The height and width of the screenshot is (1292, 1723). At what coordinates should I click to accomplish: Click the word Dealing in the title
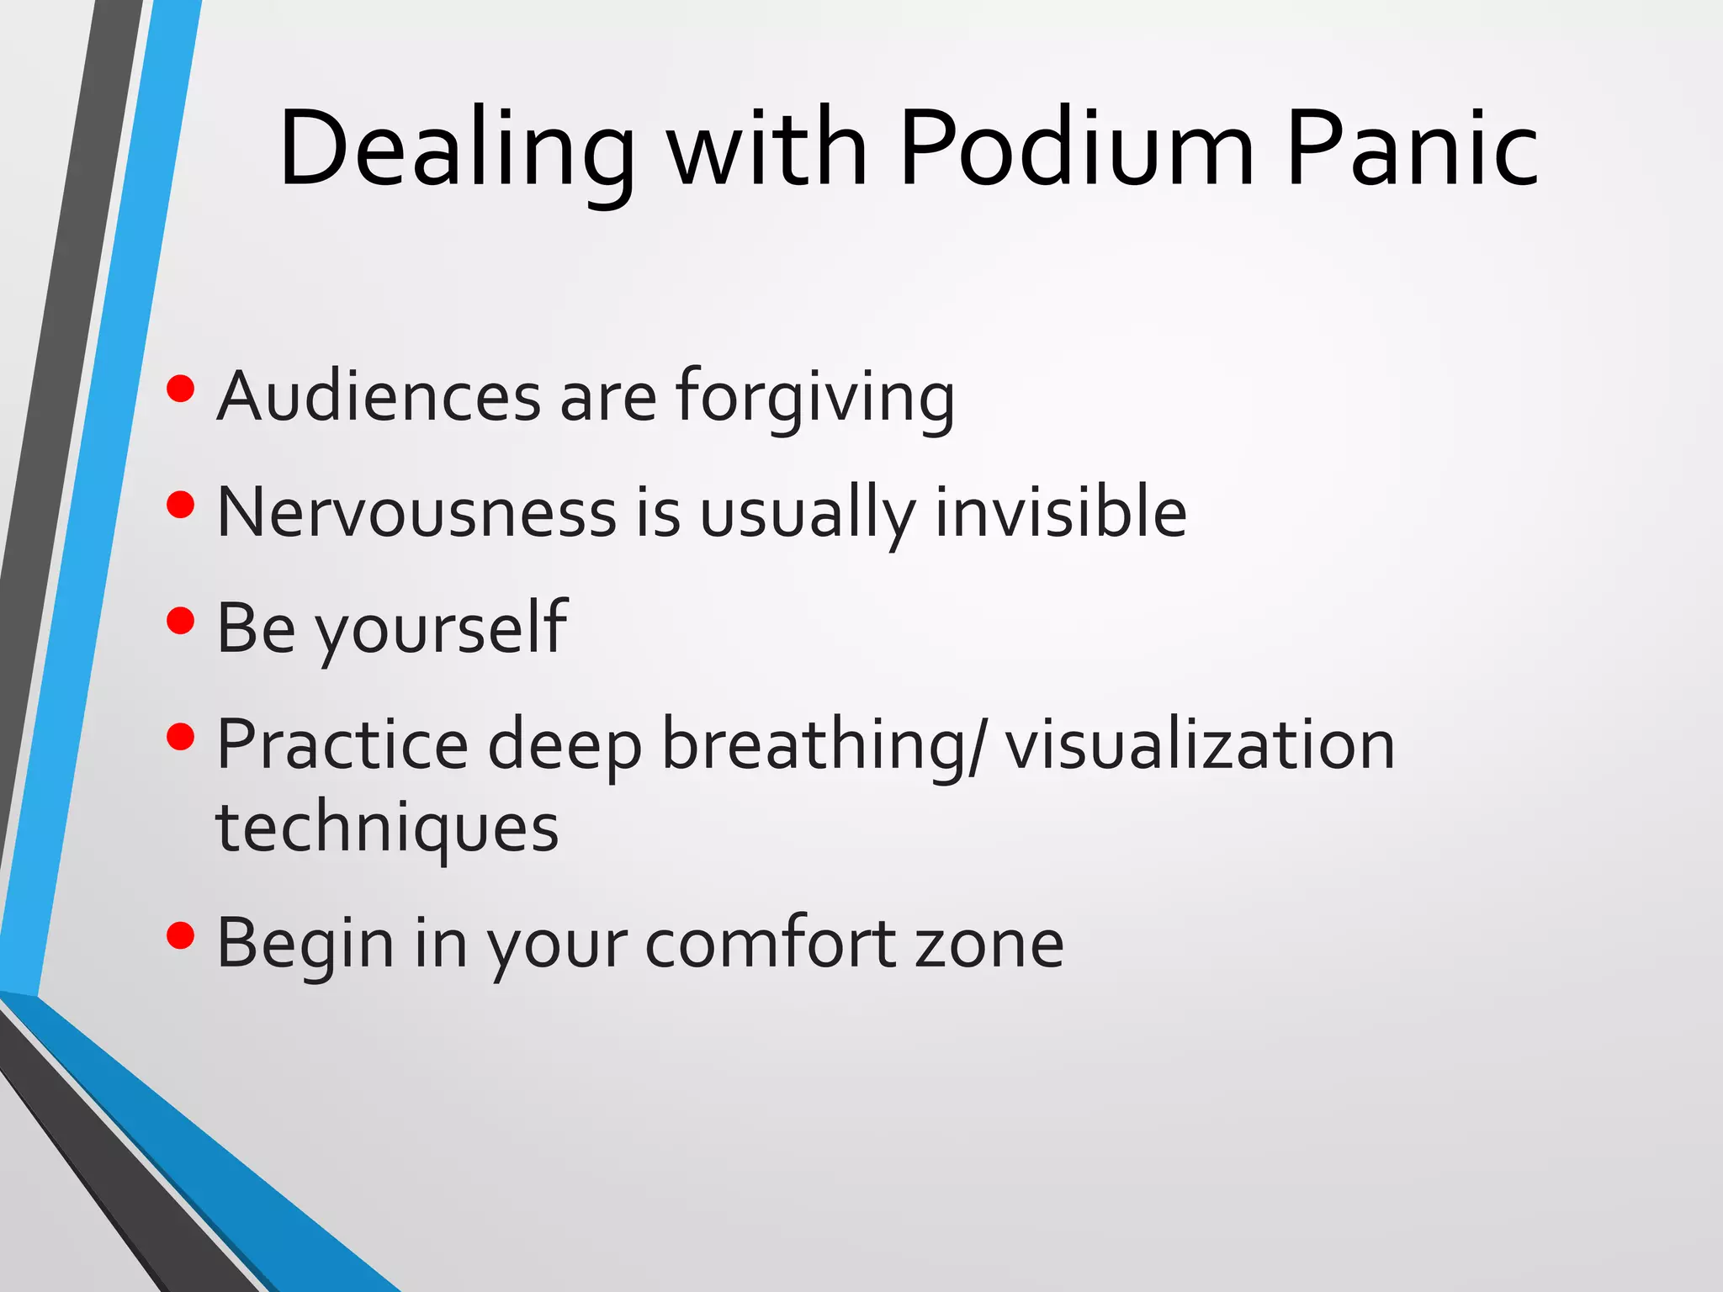coord(457,150)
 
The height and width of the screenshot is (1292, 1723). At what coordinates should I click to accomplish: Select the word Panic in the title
coord(1413,150)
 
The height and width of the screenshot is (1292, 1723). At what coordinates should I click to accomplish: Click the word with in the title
coord(767,150)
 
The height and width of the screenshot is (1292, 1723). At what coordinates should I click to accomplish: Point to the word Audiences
coord(379,396)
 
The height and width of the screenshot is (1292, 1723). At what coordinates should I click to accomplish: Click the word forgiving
coord(814,398)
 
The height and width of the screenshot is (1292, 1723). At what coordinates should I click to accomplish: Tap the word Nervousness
coord(416,512)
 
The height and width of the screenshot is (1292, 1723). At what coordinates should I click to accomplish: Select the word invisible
coord(1061,512)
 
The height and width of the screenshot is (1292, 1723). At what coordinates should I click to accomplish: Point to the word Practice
coord(342,744)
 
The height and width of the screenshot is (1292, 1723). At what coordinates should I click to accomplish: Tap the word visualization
coord(1200,744)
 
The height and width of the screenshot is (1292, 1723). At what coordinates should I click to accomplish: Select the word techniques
coord(387,829)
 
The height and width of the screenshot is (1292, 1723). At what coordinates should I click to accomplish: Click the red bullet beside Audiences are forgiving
coord(181,389)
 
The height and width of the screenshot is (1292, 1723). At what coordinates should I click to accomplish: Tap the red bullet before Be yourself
coord(181,621)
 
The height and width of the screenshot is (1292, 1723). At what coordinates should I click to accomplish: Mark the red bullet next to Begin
coord(181,935)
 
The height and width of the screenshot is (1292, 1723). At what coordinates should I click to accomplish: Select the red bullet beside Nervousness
coord(181,505)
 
